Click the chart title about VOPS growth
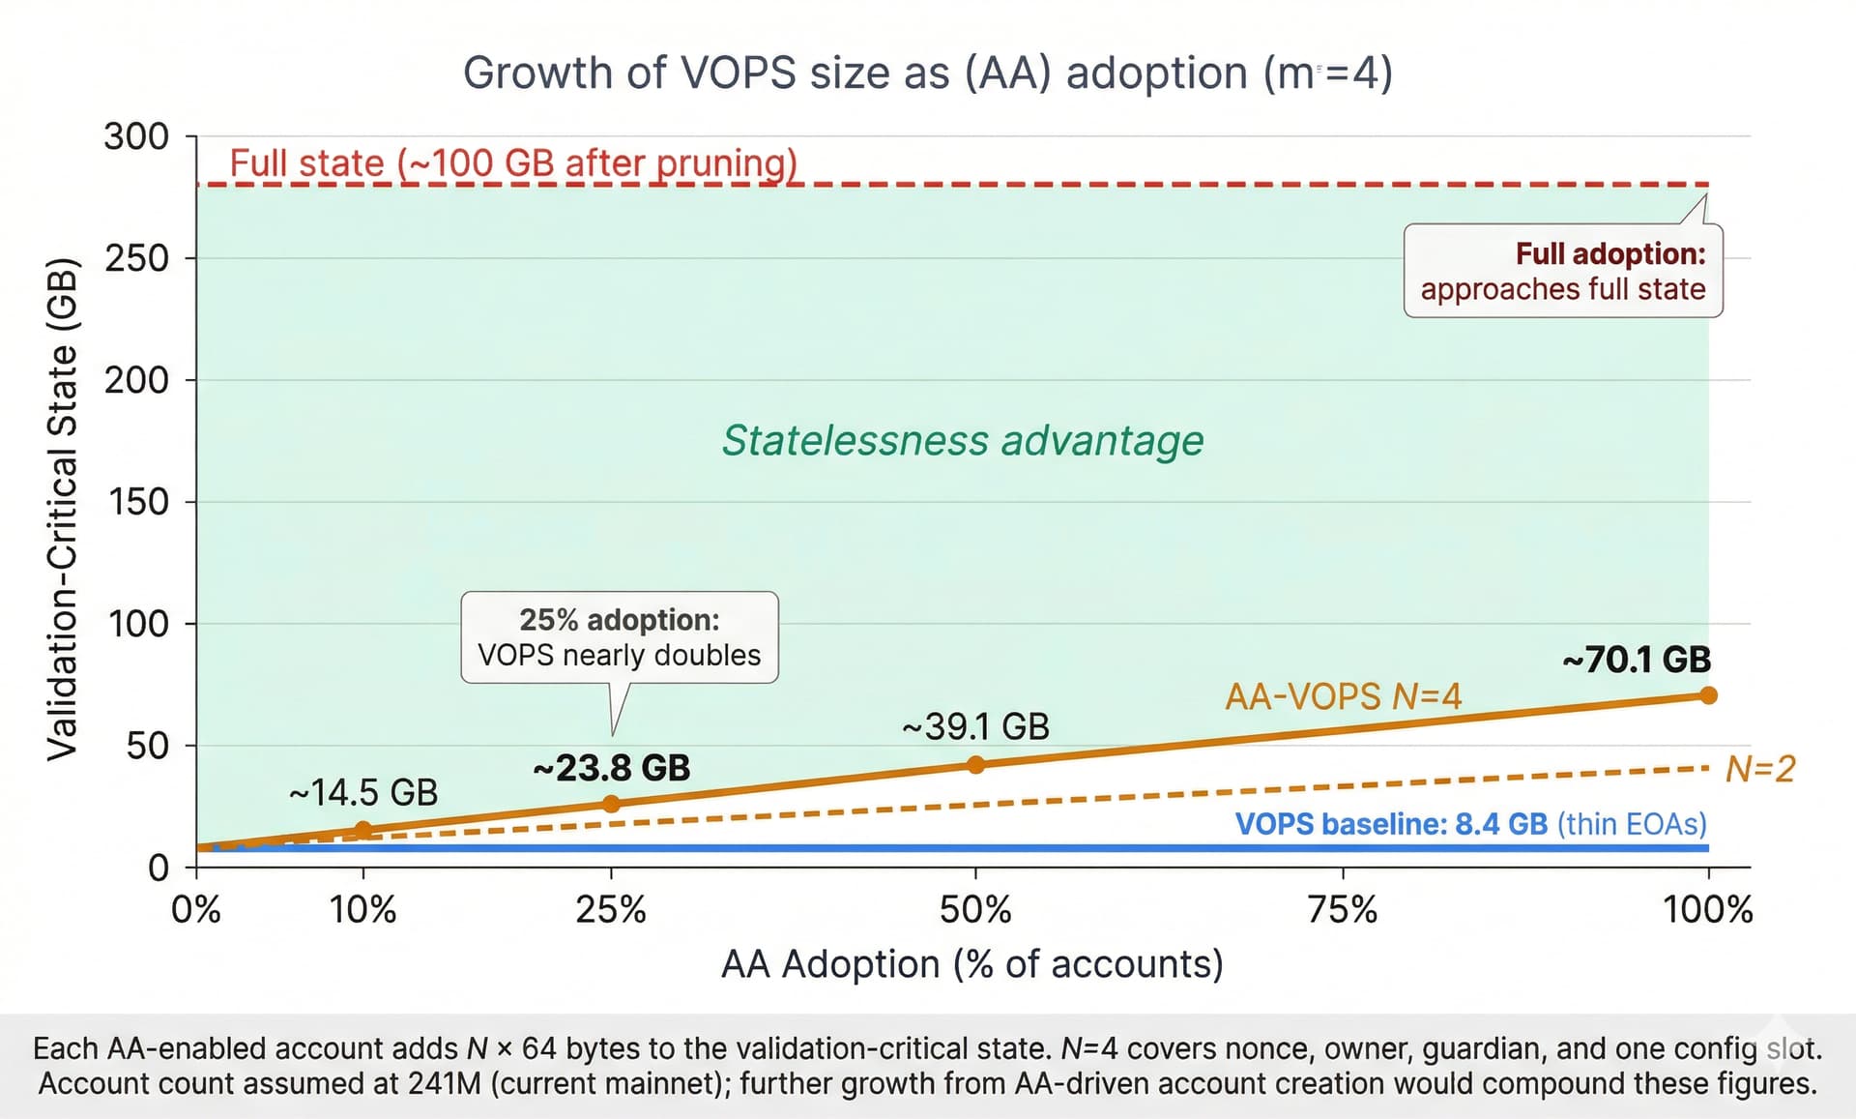(927, 74)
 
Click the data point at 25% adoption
(611, 804)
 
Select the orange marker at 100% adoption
(1708, 695)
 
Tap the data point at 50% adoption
(975, 765)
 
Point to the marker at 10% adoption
(363, 830)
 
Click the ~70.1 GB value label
(1637, 661)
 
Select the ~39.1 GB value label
(975, 727)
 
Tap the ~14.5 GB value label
(363, 793)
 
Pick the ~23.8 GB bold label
(611, 769)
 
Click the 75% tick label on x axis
(1343, 910)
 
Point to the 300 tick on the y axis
(136, 137)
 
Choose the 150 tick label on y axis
(136, 502)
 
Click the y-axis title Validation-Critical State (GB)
(63, 509)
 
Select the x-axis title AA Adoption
(971, 964)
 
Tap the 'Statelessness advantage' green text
(963, 441)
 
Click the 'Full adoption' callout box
(1563, 272)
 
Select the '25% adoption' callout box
(620, 637)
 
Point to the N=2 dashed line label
(1760, 770)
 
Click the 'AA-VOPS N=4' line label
(1343, 696)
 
